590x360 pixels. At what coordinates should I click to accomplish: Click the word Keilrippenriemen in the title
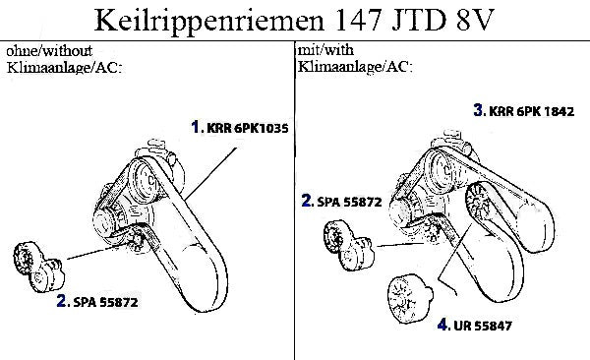(x=208, y=21)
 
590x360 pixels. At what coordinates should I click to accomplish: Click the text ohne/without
(x=49, y=51)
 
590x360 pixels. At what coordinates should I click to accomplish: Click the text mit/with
(x=325, y=50)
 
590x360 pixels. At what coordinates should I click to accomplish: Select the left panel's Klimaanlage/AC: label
(x=64, y=68)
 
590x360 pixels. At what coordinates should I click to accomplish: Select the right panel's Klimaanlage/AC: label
(x=355, y=67)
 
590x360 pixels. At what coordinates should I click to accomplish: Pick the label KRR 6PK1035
(x=248, y=129)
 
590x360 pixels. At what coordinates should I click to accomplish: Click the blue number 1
(x=196, y=127)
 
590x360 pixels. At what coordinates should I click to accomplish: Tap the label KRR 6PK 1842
(x=531, y=111)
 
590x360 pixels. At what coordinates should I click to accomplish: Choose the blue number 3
(x=478, y=110)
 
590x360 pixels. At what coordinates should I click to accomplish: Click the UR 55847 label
(x=483, y=326)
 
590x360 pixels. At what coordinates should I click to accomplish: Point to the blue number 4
(x=442, y=325)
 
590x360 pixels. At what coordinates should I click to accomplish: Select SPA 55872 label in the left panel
(x=106, y=302)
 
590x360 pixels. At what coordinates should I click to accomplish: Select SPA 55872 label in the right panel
(x=349, y=202)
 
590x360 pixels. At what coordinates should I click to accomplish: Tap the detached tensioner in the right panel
(x=349, y=245)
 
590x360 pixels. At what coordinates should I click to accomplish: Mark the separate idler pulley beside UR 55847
(x=409, y=299)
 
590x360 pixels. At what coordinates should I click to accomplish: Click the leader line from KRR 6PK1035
(x=210, y=173)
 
